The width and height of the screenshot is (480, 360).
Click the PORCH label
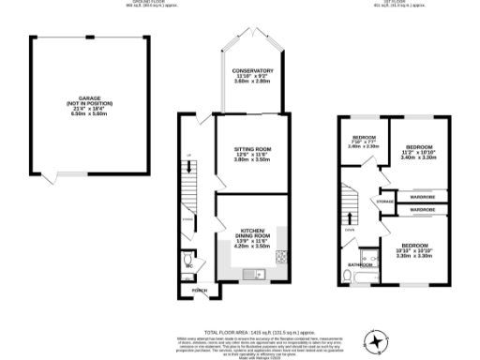coord(199,291)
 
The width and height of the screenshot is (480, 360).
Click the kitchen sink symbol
coord(249,274)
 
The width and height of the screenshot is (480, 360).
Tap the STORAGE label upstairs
coord(384,201)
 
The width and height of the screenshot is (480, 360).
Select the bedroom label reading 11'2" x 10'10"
coord(419,152)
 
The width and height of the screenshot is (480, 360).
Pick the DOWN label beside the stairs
coord(349,229)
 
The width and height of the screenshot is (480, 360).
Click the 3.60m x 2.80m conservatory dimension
coord(252,82)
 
